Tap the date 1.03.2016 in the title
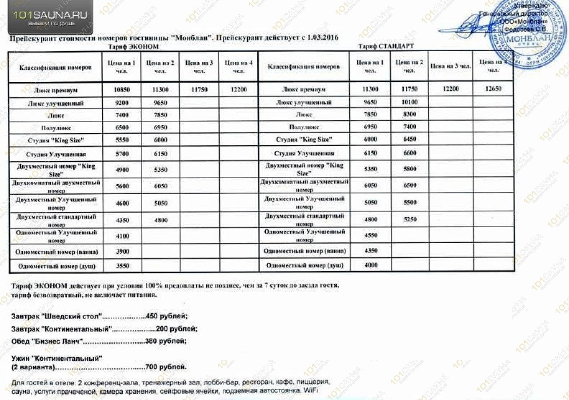point(321,38)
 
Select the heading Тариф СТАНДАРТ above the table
point(385,46)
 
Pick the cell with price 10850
point(122,90)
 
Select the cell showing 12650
point(493,89)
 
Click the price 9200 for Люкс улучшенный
point(122,103)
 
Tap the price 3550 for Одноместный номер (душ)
point(122,266)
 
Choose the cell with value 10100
point(409,102)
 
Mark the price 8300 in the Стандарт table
point(409,115)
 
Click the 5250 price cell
point(409,220)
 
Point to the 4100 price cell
point(122,236)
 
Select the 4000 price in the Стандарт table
point(370,265)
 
